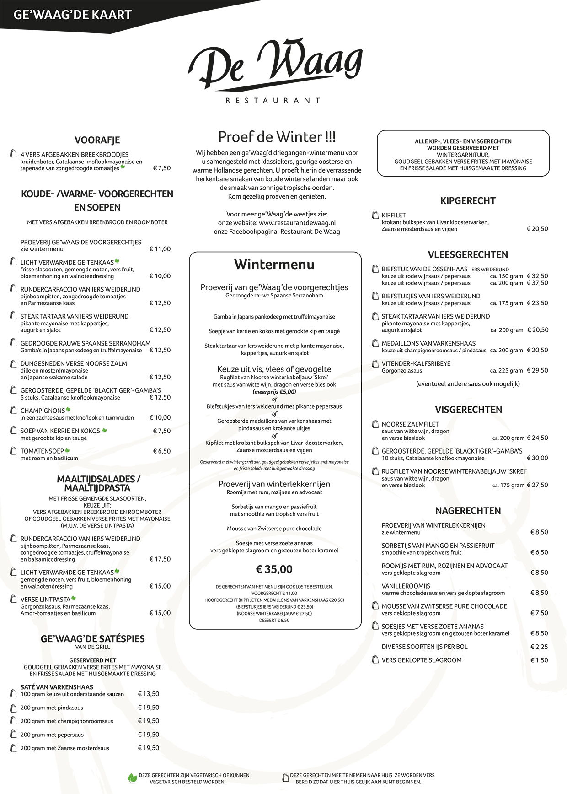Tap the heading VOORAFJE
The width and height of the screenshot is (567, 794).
(x=97, y=140)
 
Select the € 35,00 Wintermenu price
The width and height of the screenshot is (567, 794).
(x=274, y=569)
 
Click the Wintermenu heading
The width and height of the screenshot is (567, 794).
(x=274, y=265)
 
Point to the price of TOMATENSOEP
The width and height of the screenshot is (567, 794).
(x=162, y=451)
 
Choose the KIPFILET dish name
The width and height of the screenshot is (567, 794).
(x=394, y=215)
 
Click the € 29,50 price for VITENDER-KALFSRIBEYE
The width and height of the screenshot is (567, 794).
(x=537, y=371)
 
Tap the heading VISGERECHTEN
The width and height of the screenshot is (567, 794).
(x=468, y=410)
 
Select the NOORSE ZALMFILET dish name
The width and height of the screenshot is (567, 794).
(x=410, y=424)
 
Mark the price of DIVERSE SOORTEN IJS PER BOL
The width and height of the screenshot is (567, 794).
(x=539, y=647)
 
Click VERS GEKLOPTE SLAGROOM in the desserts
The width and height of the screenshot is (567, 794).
(x=422, y=660)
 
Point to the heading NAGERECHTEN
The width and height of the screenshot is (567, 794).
(x=468, y=511)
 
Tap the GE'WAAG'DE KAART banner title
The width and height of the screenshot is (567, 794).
(x=73, y=15)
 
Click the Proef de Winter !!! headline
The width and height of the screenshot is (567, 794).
(x=277, y=137)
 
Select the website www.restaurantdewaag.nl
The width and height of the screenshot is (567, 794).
(x=297, y=223)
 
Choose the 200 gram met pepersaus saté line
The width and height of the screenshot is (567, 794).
(x=52, y=735)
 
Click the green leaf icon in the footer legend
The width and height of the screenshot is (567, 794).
(x=132, y=778)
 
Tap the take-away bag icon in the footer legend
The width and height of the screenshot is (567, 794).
(x=286, y=778)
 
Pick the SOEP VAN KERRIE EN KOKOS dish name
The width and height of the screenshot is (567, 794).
(x=60, y=431)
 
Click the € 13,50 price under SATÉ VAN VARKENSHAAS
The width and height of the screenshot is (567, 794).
(x=149, y=694)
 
